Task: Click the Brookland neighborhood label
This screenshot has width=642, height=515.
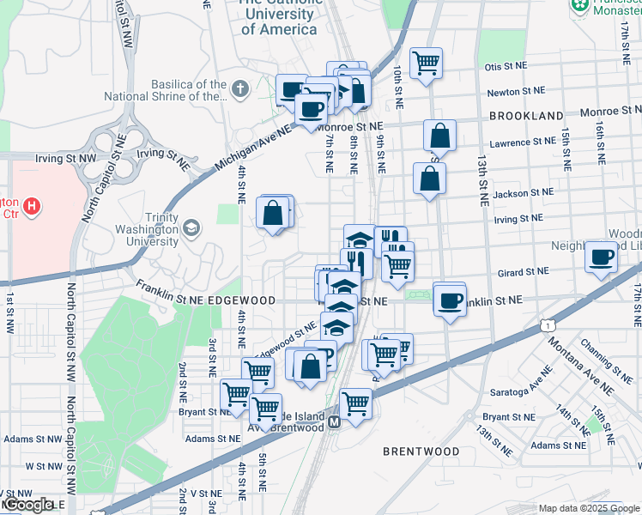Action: pos(526,115)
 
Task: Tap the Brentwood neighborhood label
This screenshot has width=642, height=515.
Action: pos(421,451)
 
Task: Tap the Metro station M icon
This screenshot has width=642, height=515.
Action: pos(334,421)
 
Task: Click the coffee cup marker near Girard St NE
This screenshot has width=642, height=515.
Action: pos(601,256)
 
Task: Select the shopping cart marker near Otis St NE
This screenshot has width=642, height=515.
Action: pos(426,63)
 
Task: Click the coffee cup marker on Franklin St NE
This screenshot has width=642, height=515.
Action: pos(449,300)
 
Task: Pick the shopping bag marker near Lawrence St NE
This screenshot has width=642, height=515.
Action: pos(439,136)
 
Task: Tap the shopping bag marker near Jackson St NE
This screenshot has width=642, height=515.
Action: pos(429,179)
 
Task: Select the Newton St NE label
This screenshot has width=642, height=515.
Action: pos(516,90)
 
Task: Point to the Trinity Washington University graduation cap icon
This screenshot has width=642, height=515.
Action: pos(191,227)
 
